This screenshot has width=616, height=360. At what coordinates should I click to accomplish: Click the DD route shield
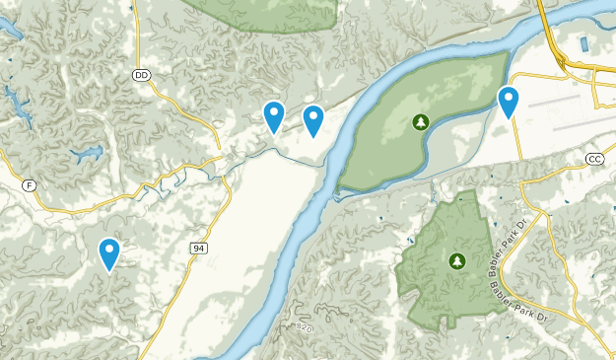[x=141, y=74]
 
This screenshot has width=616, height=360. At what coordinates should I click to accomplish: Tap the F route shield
[x=31, y=184]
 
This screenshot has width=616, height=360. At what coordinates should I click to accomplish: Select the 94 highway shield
[x=199, y=247]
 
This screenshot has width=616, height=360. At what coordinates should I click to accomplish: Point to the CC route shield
[x=594, y=159]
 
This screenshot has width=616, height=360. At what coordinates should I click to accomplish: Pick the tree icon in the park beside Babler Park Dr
[x=456, y=261]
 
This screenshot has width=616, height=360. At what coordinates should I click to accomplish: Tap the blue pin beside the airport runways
[x=509, y=100]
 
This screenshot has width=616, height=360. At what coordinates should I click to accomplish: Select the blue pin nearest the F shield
[x=109, y=252]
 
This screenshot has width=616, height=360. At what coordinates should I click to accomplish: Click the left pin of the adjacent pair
[x=274, y=114]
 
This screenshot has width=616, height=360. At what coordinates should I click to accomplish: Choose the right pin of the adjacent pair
[x=313, y=118]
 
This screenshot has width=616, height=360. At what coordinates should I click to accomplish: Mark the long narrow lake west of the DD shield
[x=15, y=99]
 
